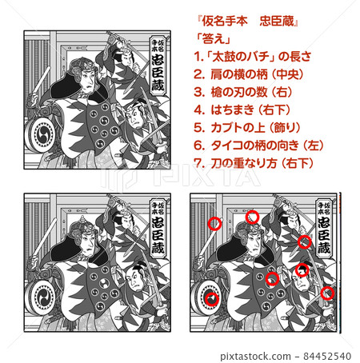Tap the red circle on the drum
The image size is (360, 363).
click(x=211, y=300)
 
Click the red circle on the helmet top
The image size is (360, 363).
click(x=252, y=217)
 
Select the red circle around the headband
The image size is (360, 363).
click(x=302, y=270)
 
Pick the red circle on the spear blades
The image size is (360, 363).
click(x=304, y=241)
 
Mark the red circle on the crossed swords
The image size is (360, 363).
click(x=327, y=293)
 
